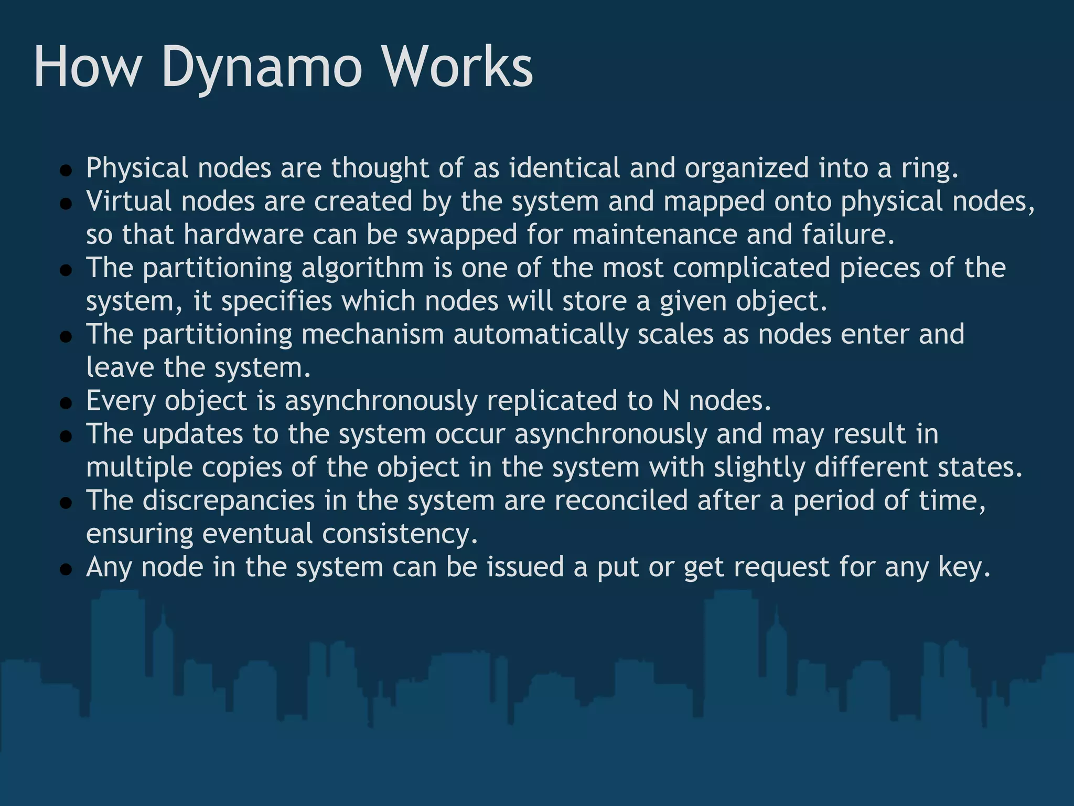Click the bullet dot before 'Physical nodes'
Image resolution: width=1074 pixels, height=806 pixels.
point(66,171)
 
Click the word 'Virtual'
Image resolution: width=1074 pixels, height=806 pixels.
point(128,201)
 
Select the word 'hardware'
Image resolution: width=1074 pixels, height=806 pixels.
point(243,235)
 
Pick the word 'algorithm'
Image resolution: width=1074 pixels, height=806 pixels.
point(362,268)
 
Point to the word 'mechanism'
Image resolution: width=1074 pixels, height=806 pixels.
point(372,335)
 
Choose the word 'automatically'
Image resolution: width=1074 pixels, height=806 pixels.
point(541,335)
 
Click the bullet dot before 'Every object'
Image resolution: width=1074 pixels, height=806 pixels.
point(66,404)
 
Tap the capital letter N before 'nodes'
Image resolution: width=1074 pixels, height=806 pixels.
point(671,401)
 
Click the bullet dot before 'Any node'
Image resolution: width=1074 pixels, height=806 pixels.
point(66,570)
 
